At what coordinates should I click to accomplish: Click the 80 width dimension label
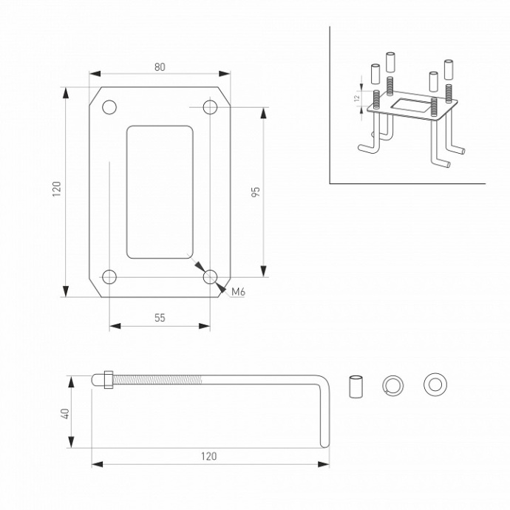click(160, 67)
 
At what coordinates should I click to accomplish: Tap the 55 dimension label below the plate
click(160, 318)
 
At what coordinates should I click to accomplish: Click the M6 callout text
click(238, 293)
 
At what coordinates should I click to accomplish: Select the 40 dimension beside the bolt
click(64, 414)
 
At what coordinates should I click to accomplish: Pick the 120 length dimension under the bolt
click(209, 456)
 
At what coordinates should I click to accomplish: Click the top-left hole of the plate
click(109, 107)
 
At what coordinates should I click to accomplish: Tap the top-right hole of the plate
click(210, 107)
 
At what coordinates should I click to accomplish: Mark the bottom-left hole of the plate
click(109, 277)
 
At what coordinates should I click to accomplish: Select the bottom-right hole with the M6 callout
click(211, 277)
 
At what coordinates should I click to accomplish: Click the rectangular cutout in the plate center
click(160, 192)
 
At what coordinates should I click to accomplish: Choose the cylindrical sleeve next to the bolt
click(356, 386)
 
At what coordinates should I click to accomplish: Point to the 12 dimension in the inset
click(356, 97)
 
